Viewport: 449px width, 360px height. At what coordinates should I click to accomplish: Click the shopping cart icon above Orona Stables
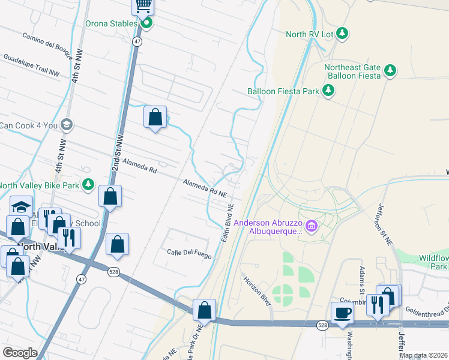tap(143, 5)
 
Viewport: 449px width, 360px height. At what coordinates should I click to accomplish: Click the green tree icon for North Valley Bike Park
tap(88, 184)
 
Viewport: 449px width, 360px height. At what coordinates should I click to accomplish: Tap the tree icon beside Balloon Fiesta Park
tap(328, 91)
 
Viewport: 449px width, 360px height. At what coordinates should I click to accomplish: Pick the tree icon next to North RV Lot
tap(342, 34)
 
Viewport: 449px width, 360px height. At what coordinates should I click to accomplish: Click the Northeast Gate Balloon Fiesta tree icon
tap(390, 71)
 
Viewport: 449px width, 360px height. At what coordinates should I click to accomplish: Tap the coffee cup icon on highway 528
tap(342, 313)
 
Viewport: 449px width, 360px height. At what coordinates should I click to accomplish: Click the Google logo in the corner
tap(20, 353)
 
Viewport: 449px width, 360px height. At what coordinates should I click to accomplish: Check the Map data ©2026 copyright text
tap(423, 355)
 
